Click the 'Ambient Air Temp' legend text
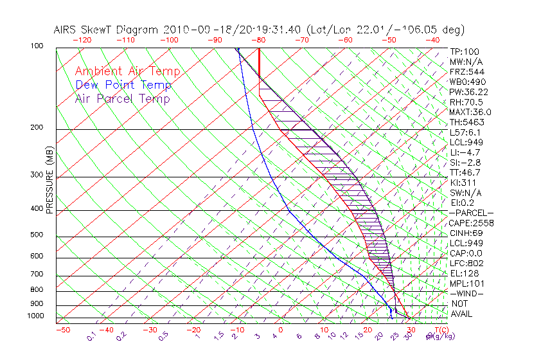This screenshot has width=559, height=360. pos(127,71)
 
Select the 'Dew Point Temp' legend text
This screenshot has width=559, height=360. pos(123,85)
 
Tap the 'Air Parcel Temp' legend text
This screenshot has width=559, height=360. pos(122,98)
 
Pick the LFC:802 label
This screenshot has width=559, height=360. pos(466,263)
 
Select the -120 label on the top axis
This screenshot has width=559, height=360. pos(82,39)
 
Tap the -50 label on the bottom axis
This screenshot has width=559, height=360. pos(62,330)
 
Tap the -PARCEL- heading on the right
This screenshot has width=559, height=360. pos(472,213)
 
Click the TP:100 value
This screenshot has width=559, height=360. pos(465,51)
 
